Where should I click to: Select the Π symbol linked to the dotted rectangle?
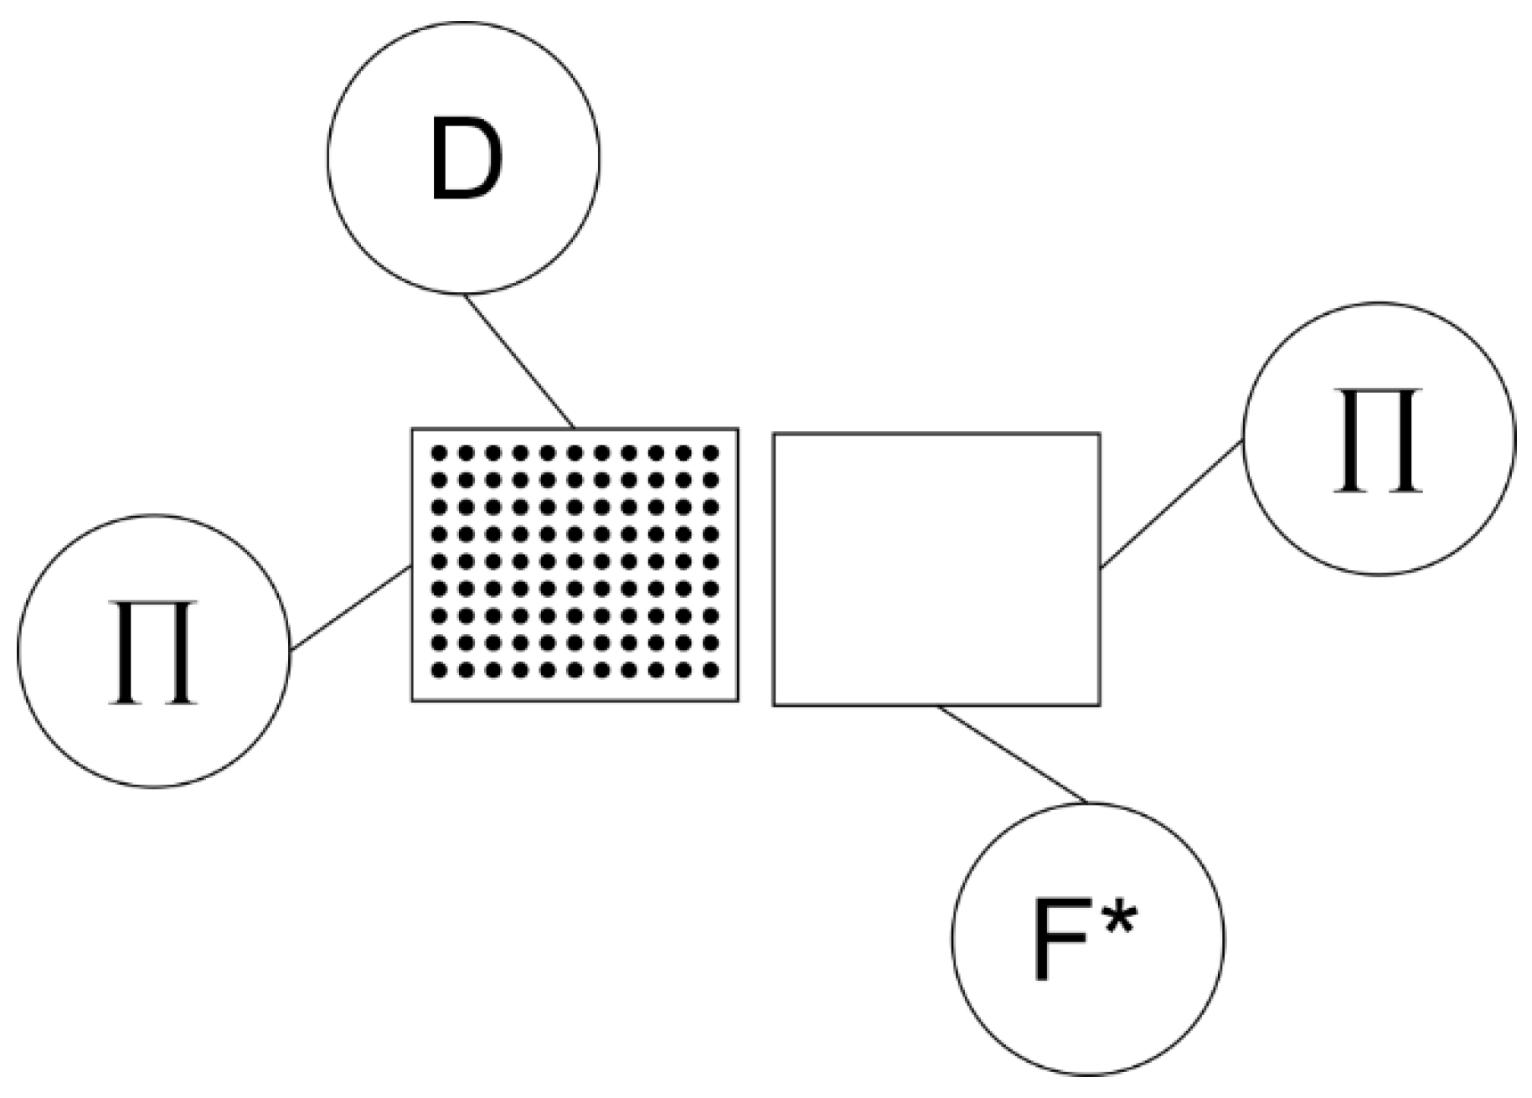tap(152, 652)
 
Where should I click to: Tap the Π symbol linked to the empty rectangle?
tap(1378, 439)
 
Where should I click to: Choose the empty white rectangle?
tap(936, 569)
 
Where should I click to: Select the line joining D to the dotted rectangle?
tap(519, 361)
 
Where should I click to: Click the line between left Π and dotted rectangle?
tap(350, 608)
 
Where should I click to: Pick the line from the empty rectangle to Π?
tap(1171, 504)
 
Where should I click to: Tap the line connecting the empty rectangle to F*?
tap(1012, 754)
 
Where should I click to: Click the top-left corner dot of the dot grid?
tap(439, 453)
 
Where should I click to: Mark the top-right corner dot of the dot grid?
tap(711, 453)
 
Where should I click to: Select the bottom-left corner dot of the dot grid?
tap(439, 669)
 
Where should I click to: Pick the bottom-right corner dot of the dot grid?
tap(711, 669)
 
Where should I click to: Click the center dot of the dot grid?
tap(575, 561)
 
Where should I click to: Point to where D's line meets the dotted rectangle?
tap(574, 429)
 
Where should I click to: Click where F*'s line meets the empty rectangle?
tap(937, 706)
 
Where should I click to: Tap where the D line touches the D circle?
tap(465, 293)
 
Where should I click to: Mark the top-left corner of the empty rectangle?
tap(773, 434)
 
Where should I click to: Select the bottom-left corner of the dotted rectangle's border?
tap(412, 700)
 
